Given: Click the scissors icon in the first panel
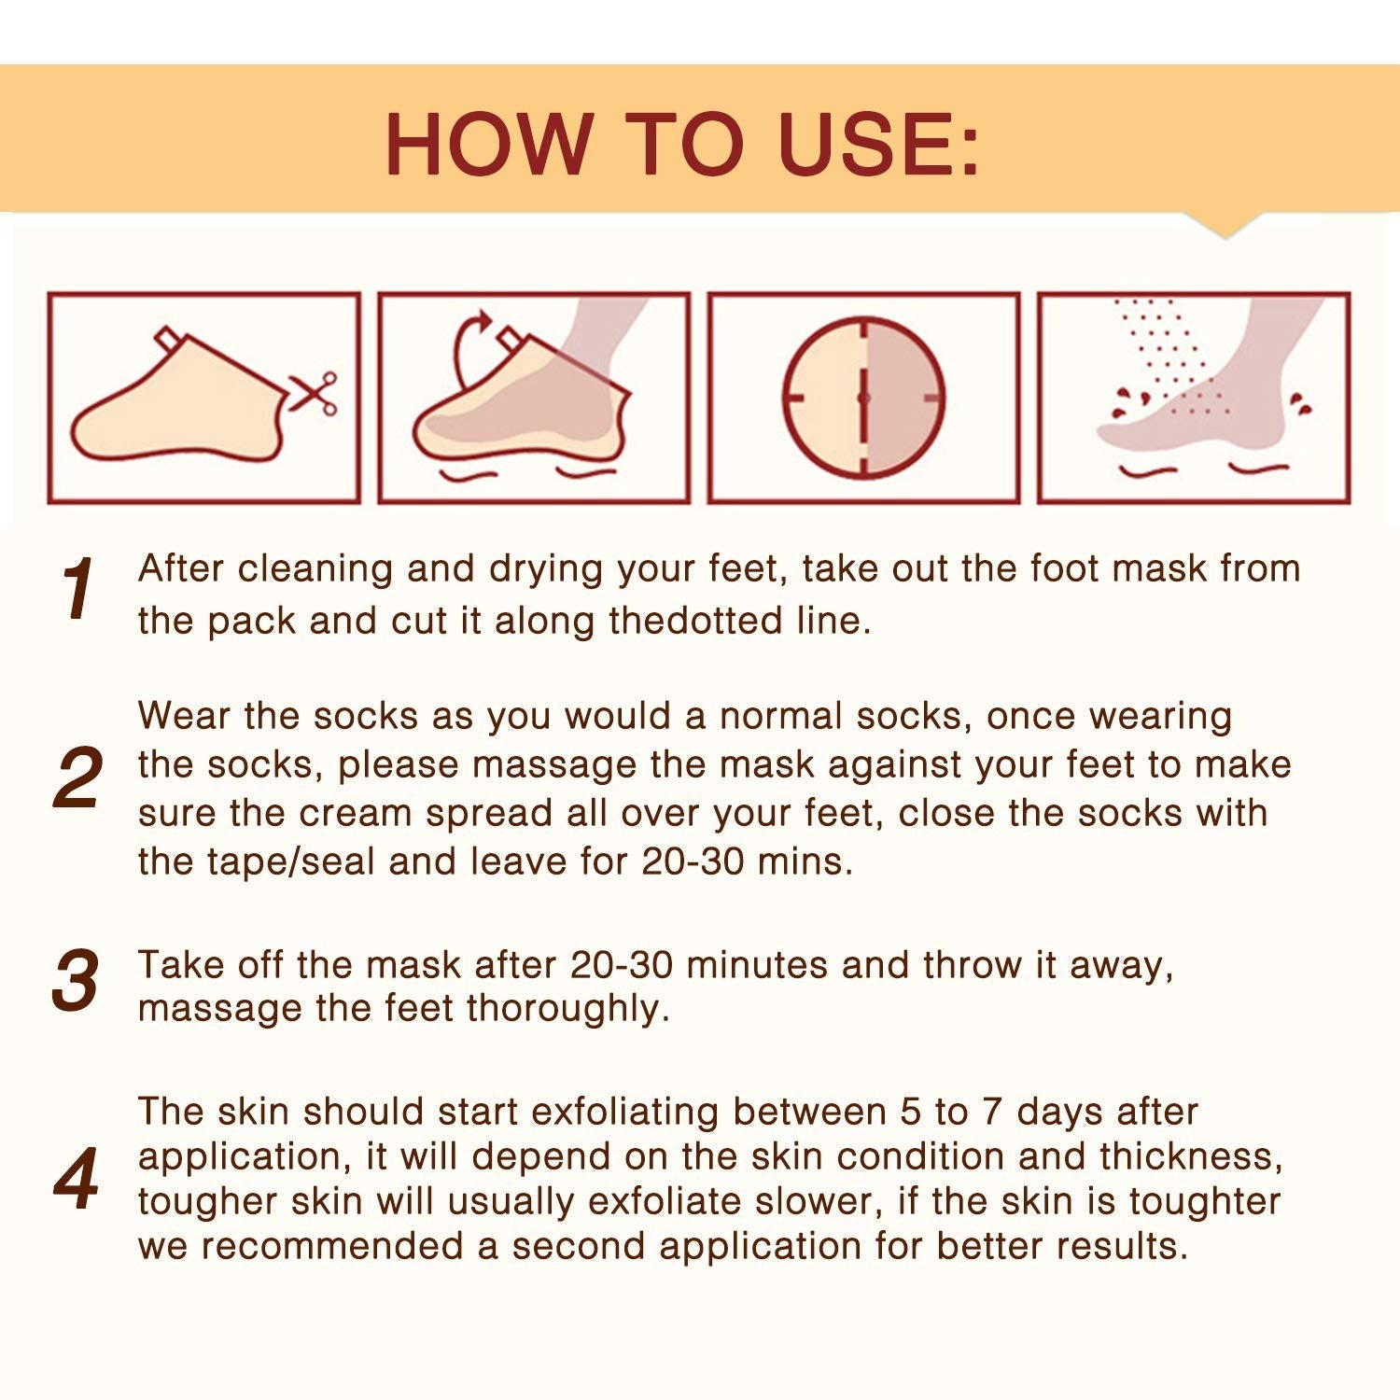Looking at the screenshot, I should click(314, 393).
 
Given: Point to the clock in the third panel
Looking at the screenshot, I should click(863, 398).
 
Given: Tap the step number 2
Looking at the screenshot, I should click(77, 777).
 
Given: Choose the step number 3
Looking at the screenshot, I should click(76, 980).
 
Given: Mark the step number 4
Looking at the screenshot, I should click(77, 1180).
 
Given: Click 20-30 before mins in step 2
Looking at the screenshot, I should click(693, 861).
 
